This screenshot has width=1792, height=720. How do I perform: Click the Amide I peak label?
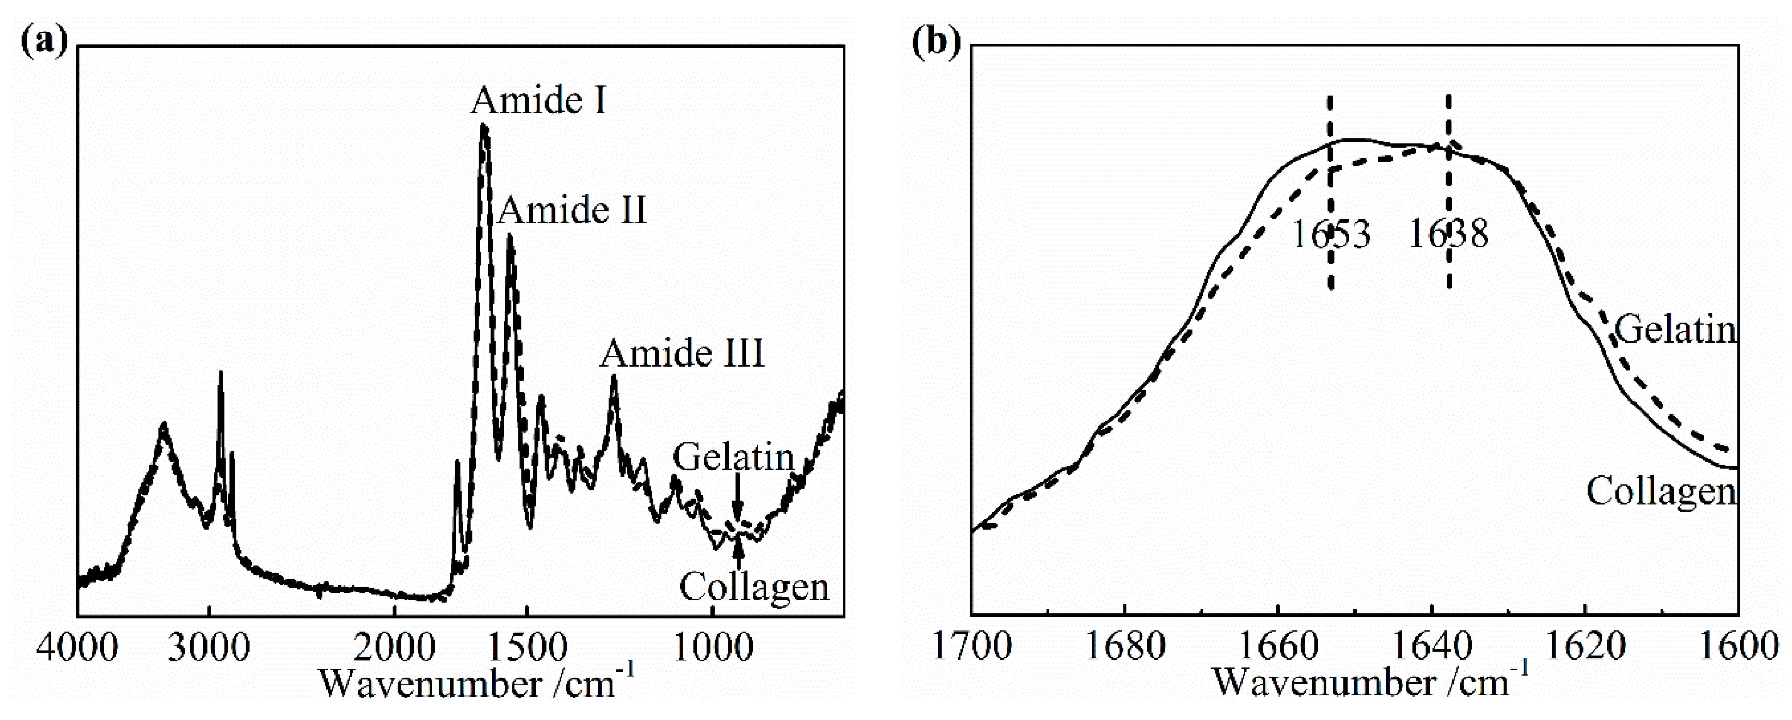(x=538, y=101)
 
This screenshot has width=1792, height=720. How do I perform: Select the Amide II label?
(x=573, y=210)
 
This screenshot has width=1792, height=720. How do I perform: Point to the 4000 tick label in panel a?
(x=77, y=648)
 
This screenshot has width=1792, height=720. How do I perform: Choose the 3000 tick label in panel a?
(x=209, y=648)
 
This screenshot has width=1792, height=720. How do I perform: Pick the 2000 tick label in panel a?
(x=394, y=648)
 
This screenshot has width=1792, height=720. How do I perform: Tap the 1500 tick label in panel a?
(x=528, y=648)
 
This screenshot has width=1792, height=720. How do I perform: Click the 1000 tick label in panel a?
(x=713, y=648)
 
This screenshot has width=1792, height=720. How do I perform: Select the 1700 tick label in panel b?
(x=971, y=647)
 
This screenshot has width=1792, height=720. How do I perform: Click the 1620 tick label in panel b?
(x=1585, y=647)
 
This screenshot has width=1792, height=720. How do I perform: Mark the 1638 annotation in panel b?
(x=1448, y=234)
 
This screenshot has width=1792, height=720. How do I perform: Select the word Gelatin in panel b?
(x=1675, y=330)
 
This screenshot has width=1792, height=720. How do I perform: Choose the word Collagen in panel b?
(x=1661, y=492)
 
